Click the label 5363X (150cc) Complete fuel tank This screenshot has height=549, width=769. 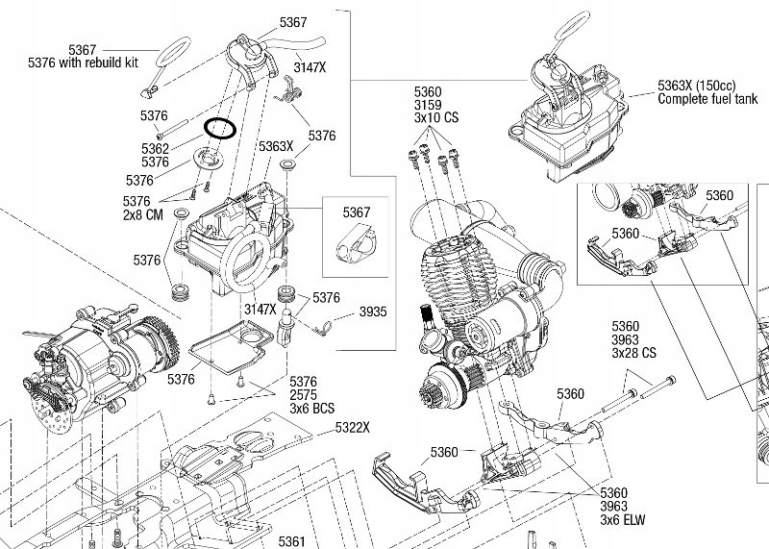706,91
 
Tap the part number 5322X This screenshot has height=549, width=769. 353,426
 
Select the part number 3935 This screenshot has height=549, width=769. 374,312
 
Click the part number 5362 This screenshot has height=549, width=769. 154,149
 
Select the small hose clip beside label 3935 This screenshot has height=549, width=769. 326,327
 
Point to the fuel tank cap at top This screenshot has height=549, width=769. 247,48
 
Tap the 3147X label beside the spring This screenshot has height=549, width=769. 309,70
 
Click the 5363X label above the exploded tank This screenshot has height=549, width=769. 276,146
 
